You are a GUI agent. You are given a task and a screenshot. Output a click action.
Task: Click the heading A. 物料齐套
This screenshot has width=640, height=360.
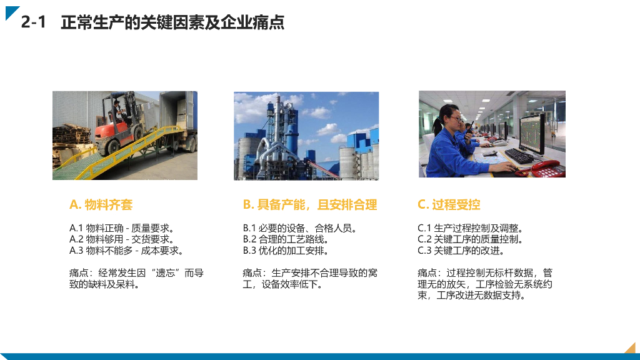tap(101, 204)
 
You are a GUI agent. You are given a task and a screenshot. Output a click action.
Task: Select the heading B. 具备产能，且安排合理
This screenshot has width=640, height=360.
tap(309, 204)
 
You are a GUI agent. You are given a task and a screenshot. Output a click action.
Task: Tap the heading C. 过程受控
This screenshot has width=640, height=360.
tap(449, 204)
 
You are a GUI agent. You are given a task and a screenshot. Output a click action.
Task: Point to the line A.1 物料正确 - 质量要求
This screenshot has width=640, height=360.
tap(121, 228)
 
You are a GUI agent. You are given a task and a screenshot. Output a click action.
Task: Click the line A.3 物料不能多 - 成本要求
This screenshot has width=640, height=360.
tap(126, 251)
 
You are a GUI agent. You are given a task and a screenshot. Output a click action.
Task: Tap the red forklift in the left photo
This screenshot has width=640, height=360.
tap(118, 126)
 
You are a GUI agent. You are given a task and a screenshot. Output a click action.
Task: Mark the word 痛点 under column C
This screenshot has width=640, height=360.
tap(428, 273)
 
